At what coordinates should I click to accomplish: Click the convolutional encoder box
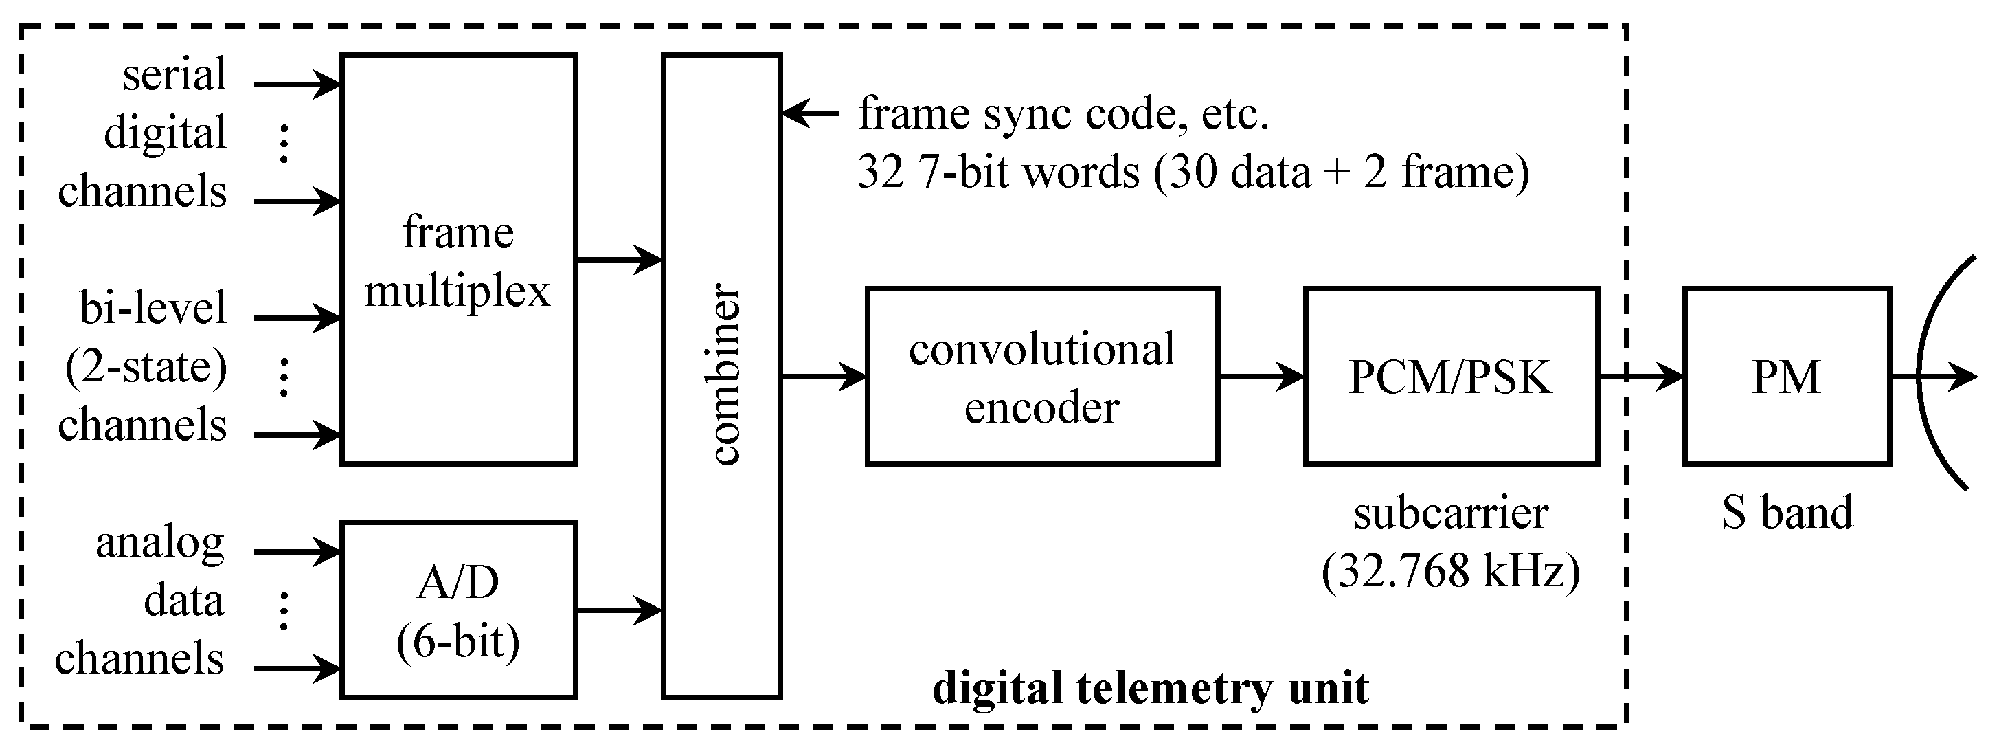point(1041,377)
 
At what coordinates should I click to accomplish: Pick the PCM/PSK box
point(1450,377)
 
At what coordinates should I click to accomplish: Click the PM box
point(1786,377)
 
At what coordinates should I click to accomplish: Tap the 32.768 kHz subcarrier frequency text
point(1450,572)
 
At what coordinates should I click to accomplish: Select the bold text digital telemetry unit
point(1150,687)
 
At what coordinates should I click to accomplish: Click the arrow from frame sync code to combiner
point(810,113)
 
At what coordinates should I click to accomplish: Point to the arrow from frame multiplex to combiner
point(618,259)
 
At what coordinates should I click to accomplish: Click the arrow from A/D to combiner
point(618,610)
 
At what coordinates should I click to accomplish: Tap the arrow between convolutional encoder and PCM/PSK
point(1261,377)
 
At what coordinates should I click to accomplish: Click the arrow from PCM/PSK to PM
point(1640,377)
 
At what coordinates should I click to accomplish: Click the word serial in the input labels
point(174,74)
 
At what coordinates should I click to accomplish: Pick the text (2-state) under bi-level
point(146,366)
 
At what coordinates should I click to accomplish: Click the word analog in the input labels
point(160,542)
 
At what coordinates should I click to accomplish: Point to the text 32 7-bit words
point(998,172)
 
